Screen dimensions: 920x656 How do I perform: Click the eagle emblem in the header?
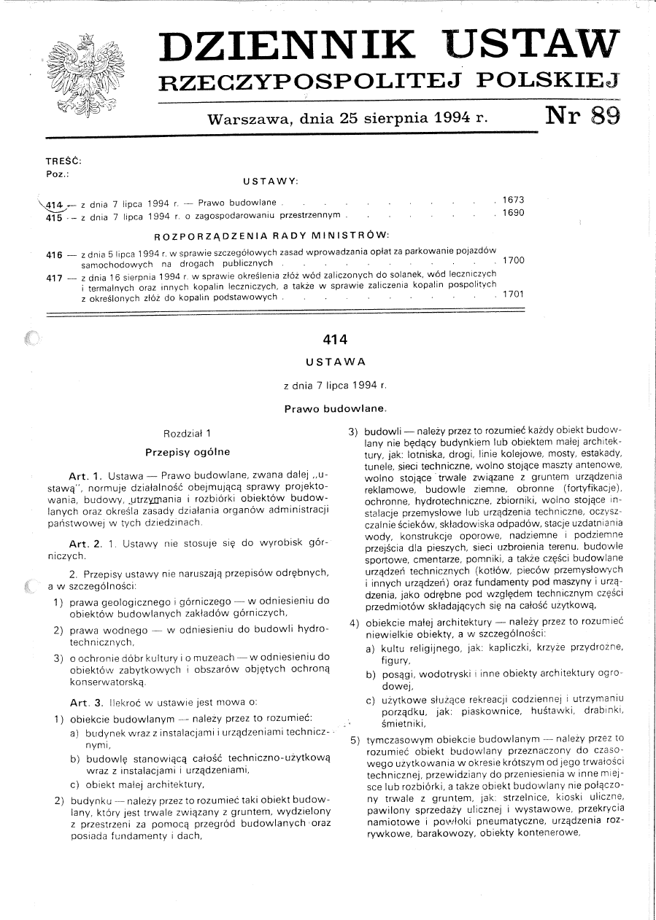(x=85, y=76)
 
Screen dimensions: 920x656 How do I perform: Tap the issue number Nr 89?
(x=582, y=115)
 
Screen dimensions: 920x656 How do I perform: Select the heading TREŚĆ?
(x=63, y=160)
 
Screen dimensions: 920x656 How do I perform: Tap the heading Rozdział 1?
(x=187, y=433)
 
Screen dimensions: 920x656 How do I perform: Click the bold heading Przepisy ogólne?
(x=187, y=452)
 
